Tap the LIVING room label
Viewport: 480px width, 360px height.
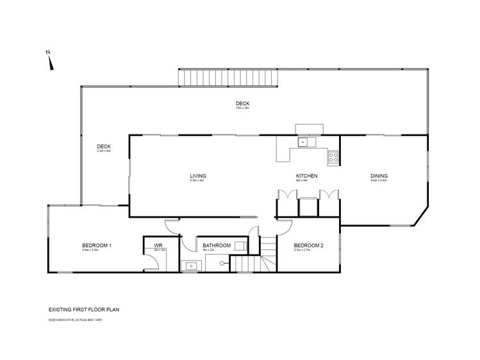pyautogui.click(x=197, y=176)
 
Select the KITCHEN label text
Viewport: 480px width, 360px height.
pyautogui.click(x=306, y=176)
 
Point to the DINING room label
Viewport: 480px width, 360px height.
pyautogui.click(x=379, y=176)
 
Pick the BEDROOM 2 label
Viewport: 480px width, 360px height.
pyautogui.click(x=308, y=245)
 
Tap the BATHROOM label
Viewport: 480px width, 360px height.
pyautogui.click(x=217, y=245)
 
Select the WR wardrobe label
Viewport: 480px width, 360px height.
pyautogui.click(x=158, y=245)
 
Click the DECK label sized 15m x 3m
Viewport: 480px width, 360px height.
pyautogui.click(x=242, y=104)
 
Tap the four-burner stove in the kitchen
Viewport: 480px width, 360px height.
pyautogui.click(x=333, y=156)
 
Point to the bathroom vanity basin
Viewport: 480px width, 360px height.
pyautogui.click(x=190, y=266)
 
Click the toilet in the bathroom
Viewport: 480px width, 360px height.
pyautogui.click(x=240, y=245)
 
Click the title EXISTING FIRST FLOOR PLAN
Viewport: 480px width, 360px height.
pyautogui.click(x=83, y=309)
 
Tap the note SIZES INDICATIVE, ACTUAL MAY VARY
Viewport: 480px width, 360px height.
pyautogui.click(x=75, y=319)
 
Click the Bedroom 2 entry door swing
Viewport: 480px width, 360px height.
pyautogui.click(x=285, y=225)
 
